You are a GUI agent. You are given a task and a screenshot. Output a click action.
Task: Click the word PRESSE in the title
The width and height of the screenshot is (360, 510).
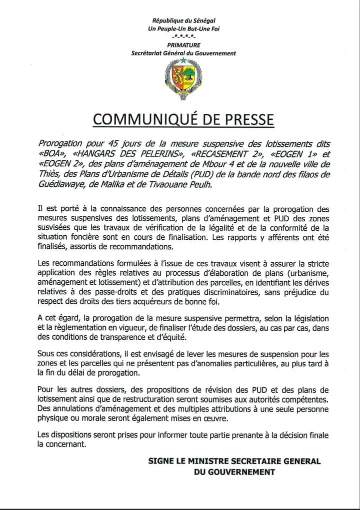tap(244, 119)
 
